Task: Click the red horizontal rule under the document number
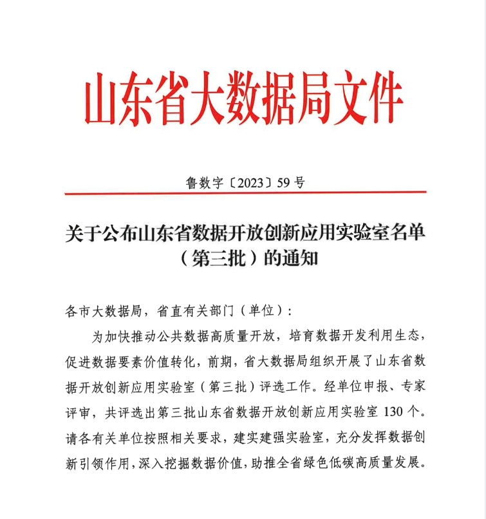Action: point(245,193)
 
